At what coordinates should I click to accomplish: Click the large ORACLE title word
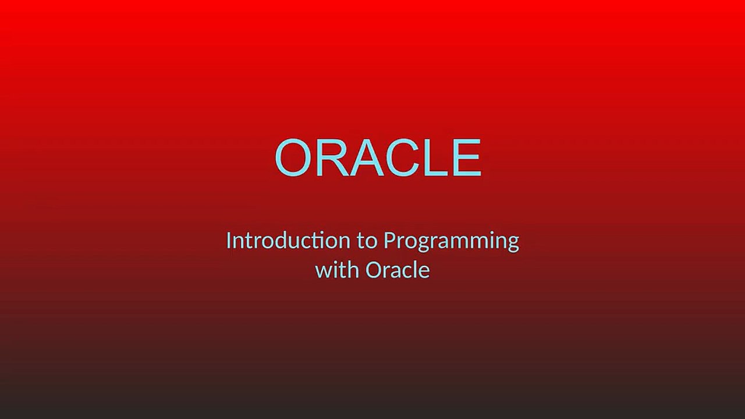378,158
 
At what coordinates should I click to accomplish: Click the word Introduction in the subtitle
288,240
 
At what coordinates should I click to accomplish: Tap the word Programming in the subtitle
451,243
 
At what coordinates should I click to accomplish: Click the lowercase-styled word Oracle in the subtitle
398,269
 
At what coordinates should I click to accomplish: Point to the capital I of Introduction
229,240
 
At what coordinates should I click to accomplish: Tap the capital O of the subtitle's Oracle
374,269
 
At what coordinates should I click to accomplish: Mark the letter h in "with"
353,269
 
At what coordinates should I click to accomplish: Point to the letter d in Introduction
290,241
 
